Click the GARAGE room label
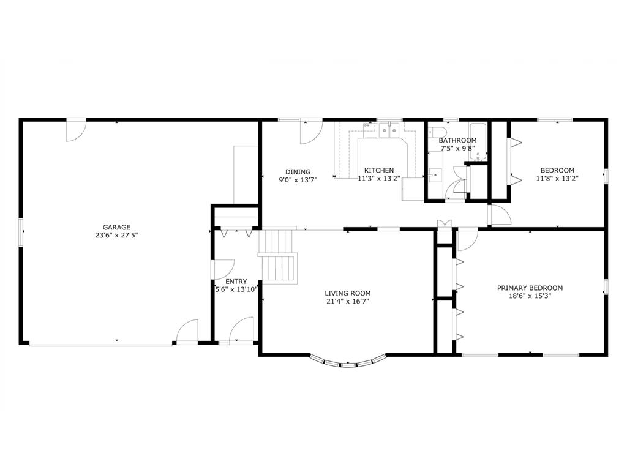tap(116, 227)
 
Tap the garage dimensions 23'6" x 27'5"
tap(116, 235)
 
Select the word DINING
tap(298, 171)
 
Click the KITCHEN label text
tap(379, 170)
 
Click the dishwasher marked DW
tap(367, 126)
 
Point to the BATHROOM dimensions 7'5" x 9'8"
tap(457, 148)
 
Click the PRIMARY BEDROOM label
tap(530, 288)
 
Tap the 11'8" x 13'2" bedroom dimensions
tap(557, 179)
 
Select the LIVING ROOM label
tap(348, 293)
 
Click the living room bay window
tap(348, 364)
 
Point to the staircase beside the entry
tap(279, 257)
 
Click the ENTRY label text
tap(236, 282)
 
